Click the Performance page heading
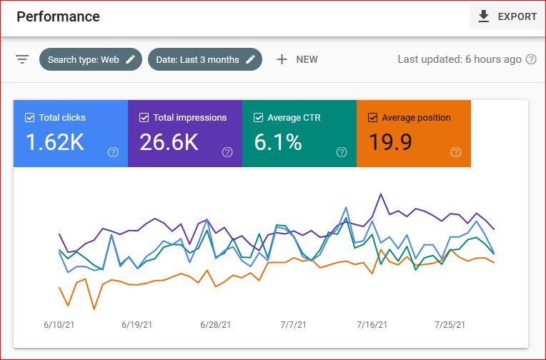coord(59,16)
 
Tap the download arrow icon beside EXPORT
coord(484,16)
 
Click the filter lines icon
coord(22,59)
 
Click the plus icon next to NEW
coord(282,59)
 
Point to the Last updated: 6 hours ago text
coord(460,59)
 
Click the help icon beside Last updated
coord(531,59)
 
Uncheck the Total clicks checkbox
coord(29,118)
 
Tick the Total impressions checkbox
coord(144,118)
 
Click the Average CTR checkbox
coord(258,118)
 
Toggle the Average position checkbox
coord(372,118)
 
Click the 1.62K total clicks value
coord(55,142)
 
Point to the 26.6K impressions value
coord(169,142)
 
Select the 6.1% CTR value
coord(278,142)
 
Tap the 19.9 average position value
coord(390,142)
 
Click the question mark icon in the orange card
coord(456,152)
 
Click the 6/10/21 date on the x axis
coord(59,325)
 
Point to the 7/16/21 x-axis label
coord(372,325)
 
